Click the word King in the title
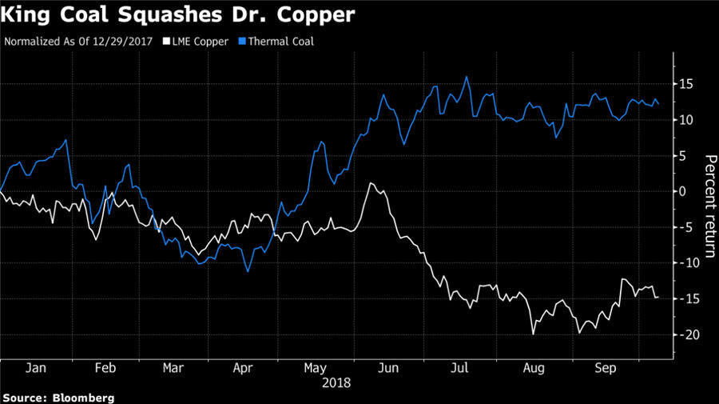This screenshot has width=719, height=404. [x=29, y=14]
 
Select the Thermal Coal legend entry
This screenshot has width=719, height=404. [x=283, y=41]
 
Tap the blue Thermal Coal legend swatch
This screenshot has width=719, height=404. [x=246, y=41]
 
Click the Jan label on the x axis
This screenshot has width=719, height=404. [x=35, y=370]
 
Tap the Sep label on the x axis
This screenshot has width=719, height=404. [x=607, y=370]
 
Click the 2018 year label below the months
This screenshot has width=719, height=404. [x=336, y=383]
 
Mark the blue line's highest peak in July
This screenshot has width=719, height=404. [x=466, y=77]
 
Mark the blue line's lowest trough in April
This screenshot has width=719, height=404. [x=248, y=271]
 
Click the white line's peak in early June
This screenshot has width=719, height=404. [x=371, y=183]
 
